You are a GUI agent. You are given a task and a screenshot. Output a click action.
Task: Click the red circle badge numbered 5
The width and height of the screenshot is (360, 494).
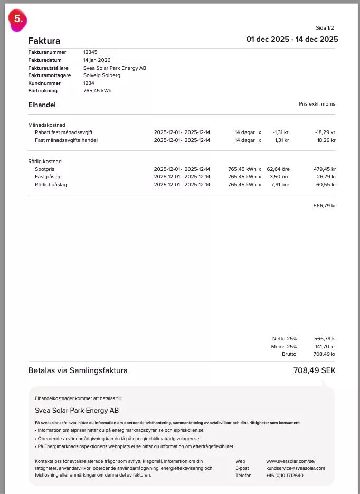tap(17, 19)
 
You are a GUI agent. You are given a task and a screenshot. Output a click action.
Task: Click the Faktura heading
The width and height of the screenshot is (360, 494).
tap(44, 41)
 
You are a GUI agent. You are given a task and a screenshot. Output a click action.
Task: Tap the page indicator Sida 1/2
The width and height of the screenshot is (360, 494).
tap(325, 27)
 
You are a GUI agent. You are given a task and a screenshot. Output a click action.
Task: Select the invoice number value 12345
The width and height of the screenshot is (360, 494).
tap(91, 52)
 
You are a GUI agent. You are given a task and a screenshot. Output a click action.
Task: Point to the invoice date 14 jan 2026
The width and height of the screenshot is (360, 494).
tap(97, 60)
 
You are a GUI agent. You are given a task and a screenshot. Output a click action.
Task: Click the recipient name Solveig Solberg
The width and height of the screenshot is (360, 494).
tap(102, 75)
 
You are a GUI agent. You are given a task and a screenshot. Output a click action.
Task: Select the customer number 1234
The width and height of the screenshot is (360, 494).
tap(89, 83)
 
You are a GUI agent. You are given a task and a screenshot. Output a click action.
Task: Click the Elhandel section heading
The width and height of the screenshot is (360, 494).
tap(42, 105)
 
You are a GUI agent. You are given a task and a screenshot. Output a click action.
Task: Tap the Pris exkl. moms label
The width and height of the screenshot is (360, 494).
tap(317, 104)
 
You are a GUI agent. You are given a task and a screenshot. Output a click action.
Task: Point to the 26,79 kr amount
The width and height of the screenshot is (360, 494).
tap(326, 177)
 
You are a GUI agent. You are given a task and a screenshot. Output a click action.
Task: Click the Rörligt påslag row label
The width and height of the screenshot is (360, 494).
tap(51, 185)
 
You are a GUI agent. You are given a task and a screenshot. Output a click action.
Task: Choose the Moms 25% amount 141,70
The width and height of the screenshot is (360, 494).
tap(325, 346)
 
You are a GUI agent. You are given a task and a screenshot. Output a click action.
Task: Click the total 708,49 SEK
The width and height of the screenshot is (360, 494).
tap(314, 370)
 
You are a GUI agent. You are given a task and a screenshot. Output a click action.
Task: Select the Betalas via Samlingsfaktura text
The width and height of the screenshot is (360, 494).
tap(78, 371)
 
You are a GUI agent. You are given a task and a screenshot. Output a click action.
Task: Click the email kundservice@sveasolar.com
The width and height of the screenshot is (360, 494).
tap(296, 468)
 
